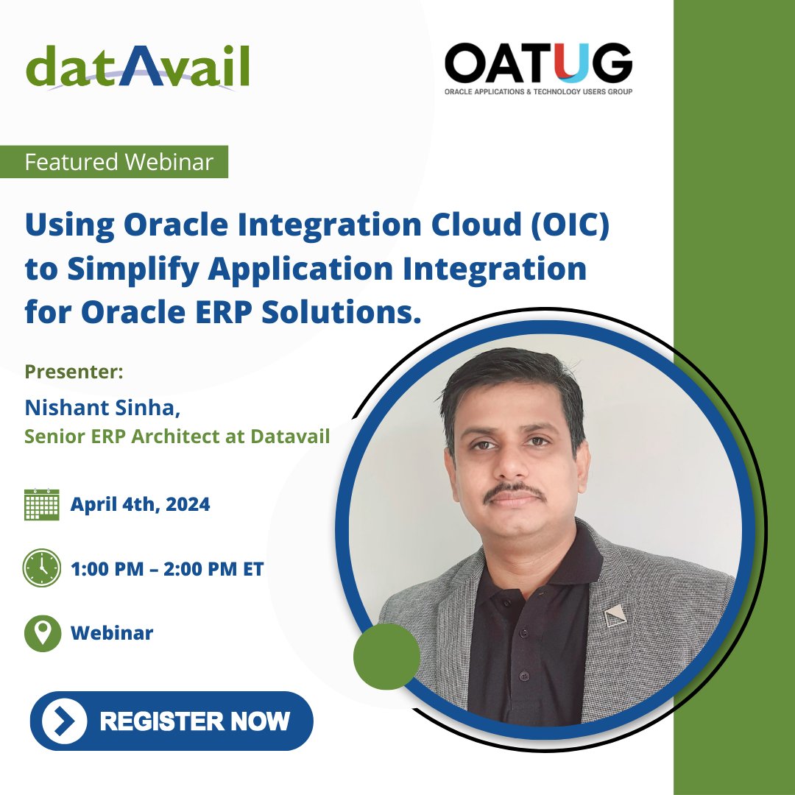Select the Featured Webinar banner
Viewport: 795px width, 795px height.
click(x=119, y=162)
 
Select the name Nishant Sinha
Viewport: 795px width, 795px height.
click(x=102, y=407)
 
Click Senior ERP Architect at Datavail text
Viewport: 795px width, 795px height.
click(x=177, y=437)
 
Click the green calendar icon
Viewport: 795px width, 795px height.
click(x=41, y=505)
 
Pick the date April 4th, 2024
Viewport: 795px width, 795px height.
click(x=140, y=505)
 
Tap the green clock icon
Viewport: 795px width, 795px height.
click(x=41, y=568)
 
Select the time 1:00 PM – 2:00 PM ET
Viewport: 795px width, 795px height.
click(x=167, y=569)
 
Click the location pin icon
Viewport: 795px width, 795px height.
click(x=42, y=633)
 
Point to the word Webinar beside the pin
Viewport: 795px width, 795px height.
click(x=112, y=633)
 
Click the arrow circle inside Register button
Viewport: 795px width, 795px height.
click(x=65, y=721)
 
